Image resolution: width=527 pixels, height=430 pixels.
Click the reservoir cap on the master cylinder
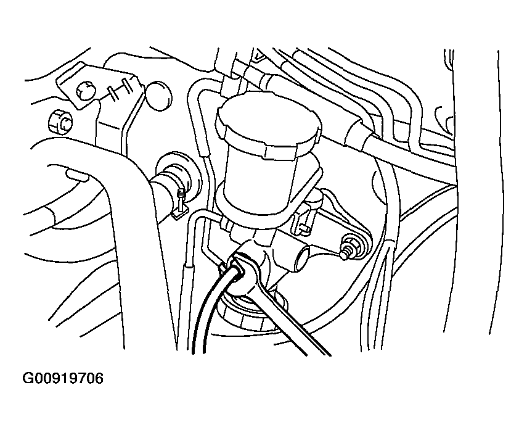click(x=269, y=125)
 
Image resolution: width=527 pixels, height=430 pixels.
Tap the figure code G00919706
click(x=63, y=378)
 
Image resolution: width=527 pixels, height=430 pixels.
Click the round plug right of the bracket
click(x=158, y=96)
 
